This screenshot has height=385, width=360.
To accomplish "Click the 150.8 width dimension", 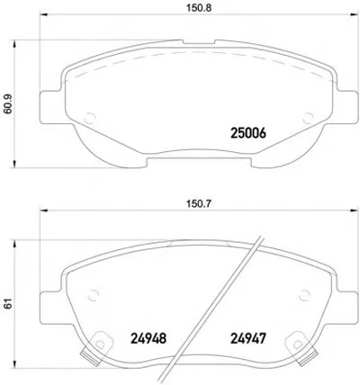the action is [199, 8].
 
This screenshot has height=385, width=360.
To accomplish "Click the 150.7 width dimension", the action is [199, 204].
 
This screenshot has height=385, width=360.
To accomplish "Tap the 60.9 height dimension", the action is [7, 103].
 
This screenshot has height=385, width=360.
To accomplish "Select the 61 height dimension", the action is [8, 303].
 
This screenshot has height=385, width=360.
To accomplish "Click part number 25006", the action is [248, 133].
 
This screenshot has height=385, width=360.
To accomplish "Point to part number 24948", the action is [148, 339].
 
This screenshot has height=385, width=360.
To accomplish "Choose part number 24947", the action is [248, 339].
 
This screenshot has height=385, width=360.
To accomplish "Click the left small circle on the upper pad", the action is [90, 119].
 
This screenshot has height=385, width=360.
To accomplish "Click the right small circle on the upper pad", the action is [308, 119].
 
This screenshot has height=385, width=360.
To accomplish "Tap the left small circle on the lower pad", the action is [93, 295].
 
